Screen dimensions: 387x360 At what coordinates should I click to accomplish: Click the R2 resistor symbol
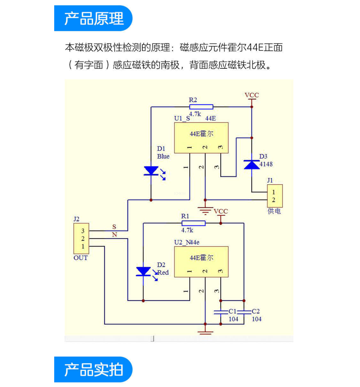[201, 107]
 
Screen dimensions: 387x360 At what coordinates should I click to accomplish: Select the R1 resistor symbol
[193, 223]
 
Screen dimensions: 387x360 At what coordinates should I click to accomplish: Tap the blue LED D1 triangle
[151, 171]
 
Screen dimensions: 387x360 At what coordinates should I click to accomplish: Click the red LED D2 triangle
[143, 271]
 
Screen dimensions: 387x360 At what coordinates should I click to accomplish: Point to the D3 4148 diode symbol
[252, 165]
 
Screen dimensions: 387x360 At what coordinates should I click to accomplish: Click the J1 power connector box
[275, 196]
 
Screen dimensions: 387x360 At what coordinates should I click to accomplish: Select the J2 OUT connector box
[81, 238]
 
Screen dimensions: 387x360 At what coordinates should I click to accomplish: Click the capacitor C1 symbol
[221, 312]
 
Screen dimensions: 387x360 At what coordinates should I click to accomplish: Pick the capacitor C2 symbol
[244, 312]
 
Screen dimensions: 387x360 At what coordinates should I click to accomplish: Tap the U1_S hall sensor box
[201, 138]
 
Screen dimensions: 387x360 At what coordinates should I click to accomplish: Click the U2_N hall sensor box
[201, 262]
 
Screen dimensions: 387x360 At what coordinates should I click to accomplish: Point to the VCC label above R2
[252, 95]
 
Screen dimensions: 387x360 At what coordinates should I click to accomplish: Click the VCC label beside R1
[221, 212]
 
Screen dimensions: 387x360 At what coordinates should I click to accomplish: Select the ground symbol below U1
[205, 210]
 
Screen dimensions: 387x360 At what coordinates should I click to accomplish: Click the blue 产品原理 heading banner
[93, 18]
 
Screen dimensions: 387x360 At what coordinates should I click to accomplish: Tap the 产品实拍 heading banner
[93, 369]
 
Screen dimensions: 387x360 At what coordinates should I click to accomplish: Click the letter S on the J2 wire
[114, 227]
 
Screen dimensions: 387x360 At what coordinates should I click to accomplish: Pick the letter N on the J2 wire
[114, 235]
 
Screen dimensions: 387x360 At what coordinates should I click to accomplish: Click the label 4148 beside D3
[266, 164]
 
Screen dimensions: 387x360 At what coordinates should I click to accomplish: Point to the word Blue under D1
[163, 156]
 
